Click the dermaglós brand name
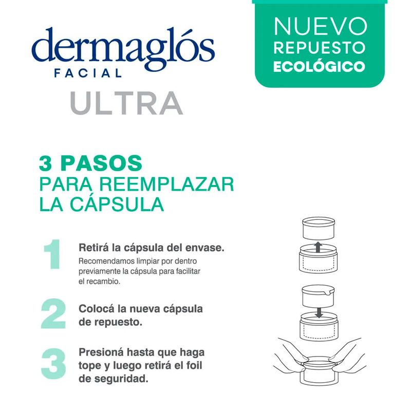(123, 48)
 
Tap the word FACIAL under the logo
(88, 72)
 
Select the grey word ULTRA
(126, 103)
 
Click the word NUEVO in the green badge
(320, 26)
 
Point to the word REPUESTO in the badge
(320, 47)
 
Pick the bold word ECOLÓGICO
(319, 67)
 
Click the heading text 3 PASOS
(90, 163)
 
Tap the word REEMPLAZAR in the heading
(166, 184)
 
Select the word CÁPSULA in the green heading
(117, 204)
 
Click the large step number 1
(52, 254)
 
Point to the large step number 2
(53, 314)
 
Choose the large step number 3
(53, 364)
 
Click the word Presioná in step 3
(101, 352)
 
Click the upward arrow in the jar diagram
(318, 247)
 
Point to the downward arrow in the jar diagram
(319, 313)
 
